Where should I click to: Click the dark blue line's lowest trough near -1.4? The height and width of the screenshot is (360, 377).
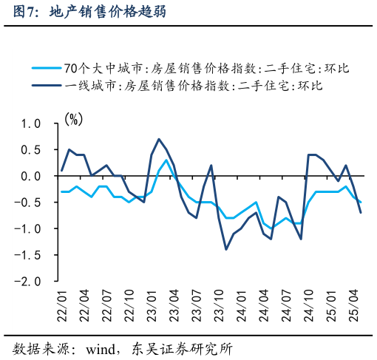point(226,249)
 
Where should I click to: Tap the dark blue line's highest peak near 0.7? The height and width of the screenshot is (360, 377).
point(159,139)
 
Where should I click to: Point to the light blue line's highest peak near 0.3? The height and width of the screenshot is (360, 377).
point(166,160)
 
